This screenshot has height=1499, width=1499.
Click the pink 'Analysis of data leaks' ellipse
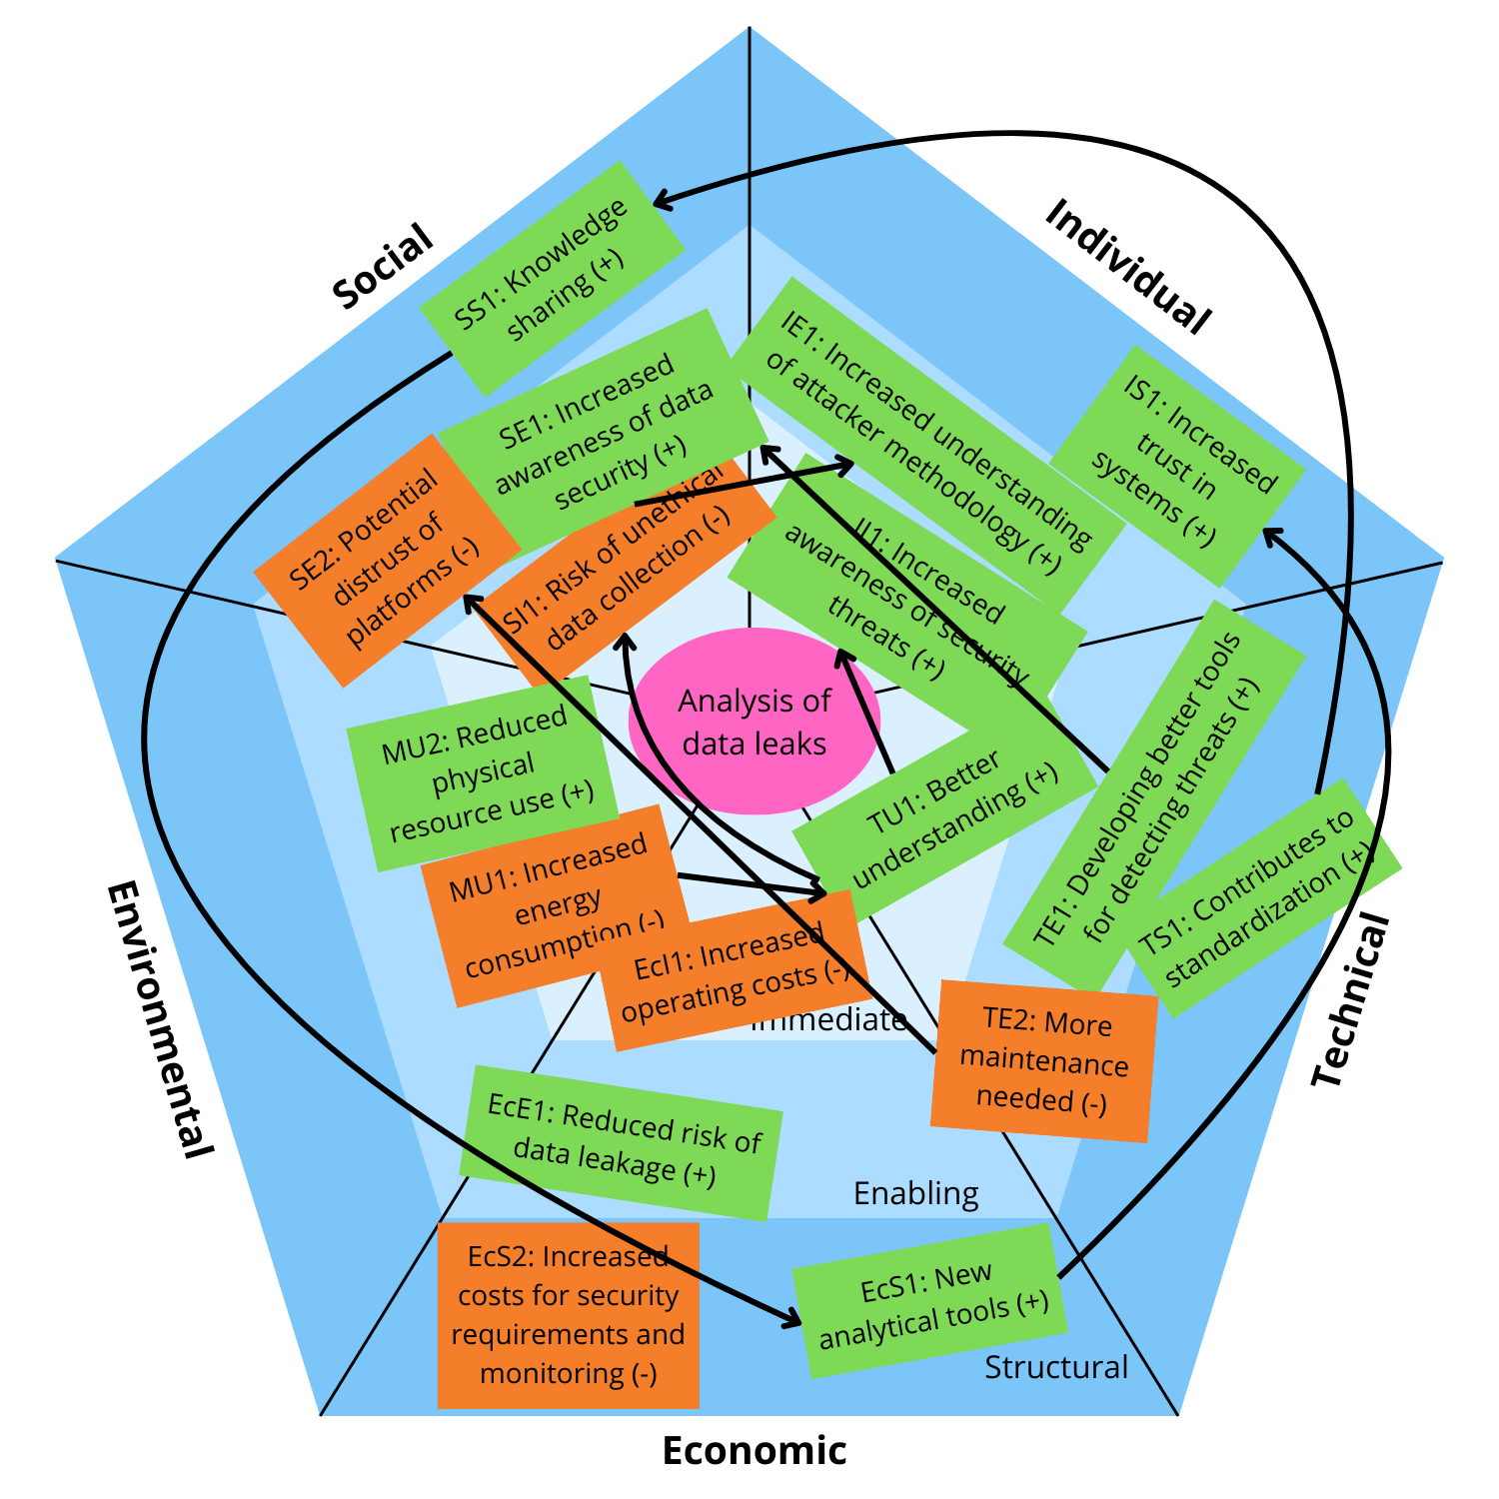[754, 722]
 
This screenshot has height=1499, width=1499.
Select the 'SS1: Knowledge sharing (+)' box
[552, 278]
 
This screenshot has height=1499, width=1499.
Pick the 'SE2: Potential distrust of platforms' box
[385, 560]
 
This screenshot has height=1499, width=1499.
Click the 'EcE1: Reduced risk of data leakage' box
[621, 1142]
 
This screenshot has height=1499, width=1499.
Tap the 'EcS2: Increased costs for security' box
[568, 1315]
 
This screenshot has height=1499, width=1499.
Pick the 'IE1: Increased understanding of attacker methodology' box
[929, 440]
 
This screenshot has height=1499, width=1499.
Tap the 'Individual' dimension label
[1127, 265]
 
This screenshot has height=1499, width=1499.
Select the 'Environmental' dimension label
[160, 1019]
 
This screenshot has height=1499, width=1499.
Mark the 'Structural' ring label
[1055, 1366]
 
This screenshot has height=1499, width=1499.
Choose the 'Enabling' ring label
[915, 1193]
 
